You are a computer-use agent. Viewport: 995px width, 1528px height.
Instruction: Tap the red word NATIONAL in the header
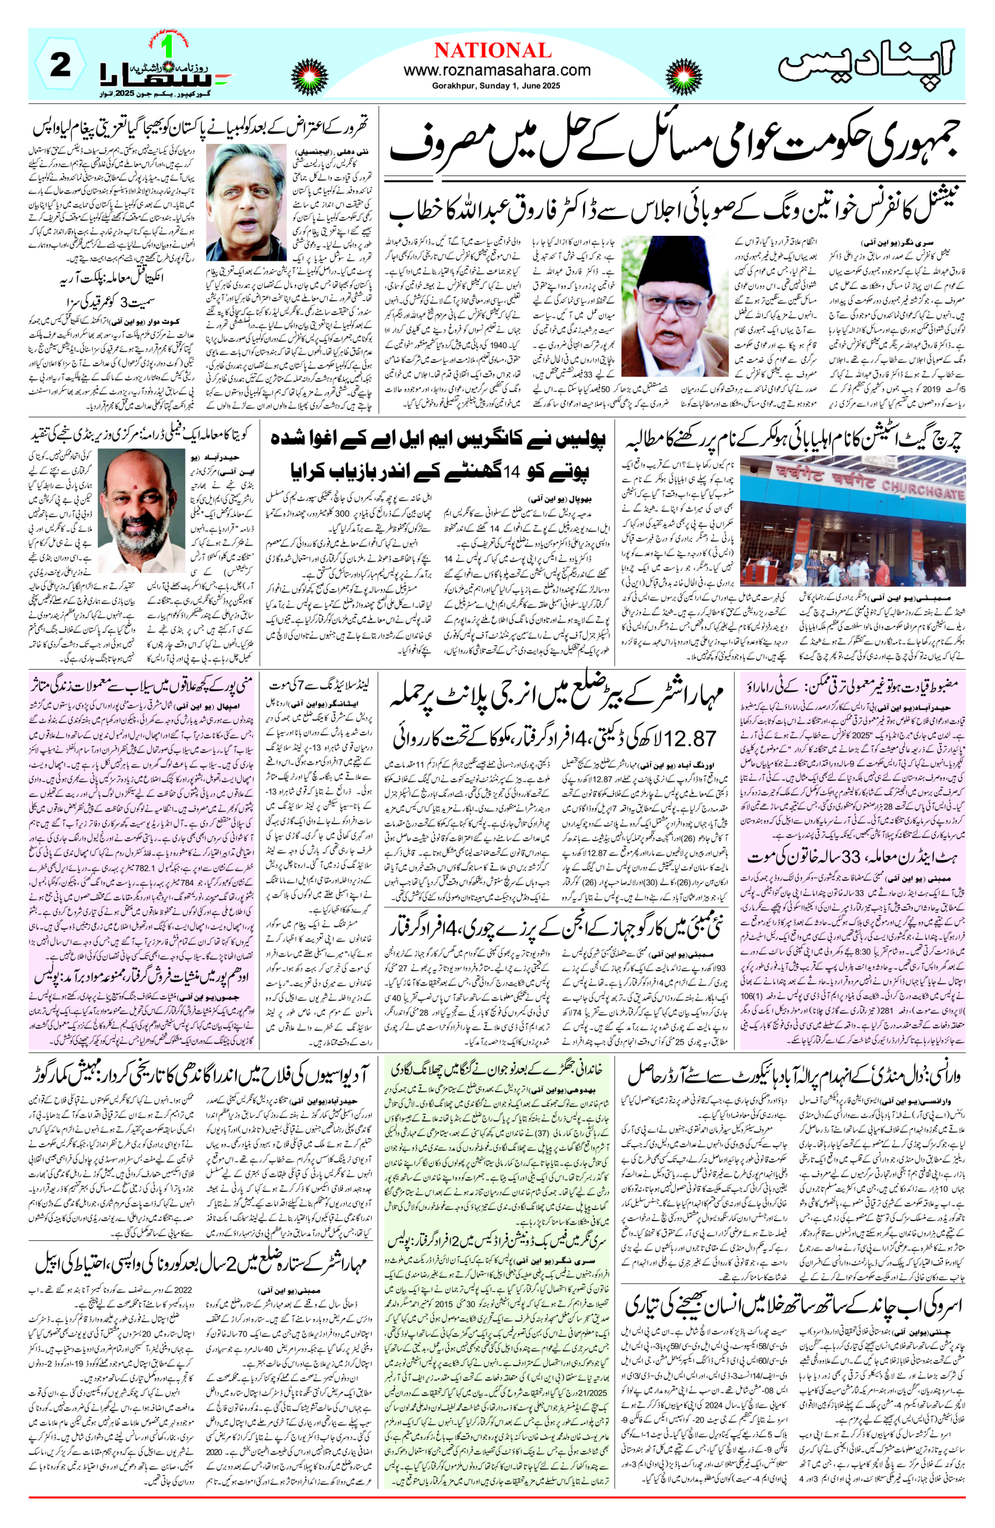pos(492,50)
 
